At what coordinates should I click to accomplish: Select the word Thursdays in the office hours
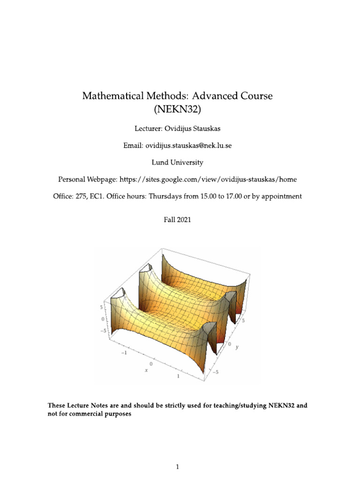[x=165, y=197]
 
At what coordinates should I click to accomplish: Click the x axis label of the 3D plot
[x=146, y=370]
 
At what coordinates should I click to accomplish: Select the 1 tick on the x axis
[x=178, y=376]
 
